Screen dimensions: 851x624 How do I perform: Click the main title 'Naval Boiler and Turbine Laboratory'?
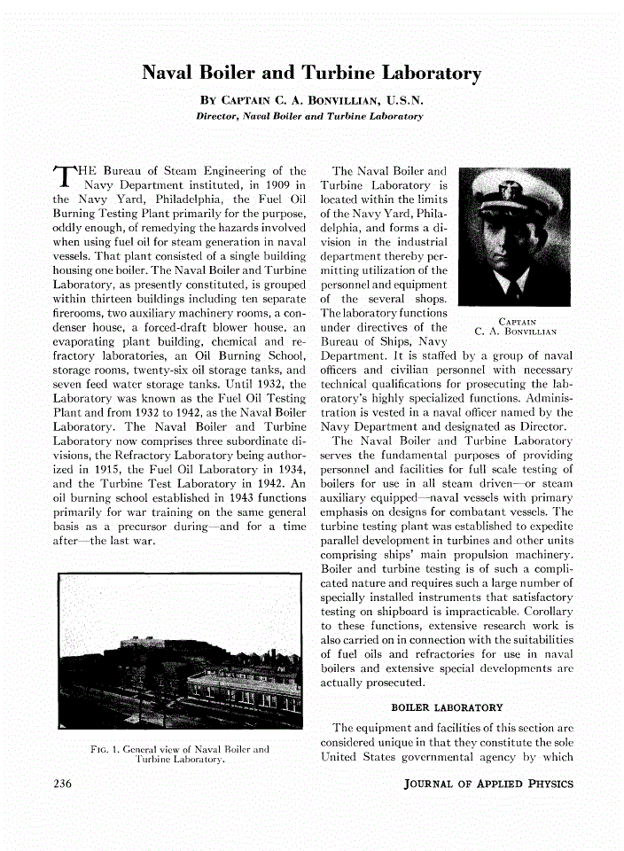pyautogui.click(x=311, y=74)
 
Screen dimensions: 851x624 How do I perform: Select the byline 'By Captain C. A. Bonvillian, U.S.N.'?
pyautogui.click(x=311, y=100)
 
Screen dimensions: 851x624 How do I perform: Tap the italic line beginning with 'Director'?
pyautogui.click(x=310, y=116)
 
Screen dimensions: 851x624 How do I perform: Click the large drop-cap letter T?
pyautogui.click(x=66, y=178)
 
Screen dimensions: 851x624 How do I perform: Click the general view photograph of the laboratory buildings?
pyautogui.click(x=180, y=651)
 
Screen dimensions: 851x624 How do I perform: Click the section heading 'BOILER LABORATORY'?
pyautogui.click(x=447, y=707)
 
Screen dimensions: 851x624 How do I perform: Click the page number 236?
pyautogui.click(x=62, y=784)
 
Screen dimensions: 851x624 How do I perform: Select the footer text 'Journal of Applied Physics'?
pyautogui.click(x=488, y=784)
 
